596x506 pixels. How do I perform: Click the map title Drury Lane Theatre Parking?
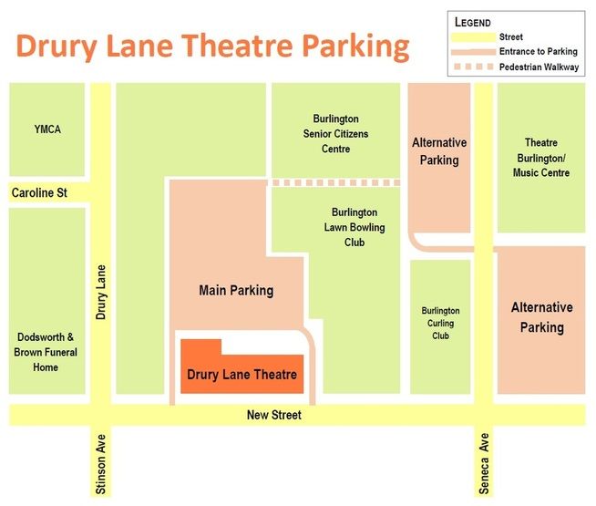212,46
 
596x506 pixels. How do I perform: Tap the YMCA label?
46,129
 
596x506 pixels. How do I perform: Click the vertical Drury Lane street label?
102,292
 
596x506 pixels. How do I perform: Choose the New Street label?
273,416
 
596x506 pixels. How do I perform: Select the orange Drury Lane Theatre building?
242,374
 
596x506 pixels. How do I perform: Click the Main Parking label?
236,291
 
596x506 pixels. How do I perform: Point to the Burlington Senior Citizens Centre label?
335,134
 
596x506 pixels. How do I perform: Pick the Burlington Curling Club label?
441,323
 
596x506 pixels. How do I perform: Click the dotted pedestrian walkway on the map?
334,183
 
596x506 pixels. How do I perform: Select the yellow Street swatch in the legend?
474,37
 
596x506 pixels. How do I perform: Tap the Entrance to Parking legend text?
539,52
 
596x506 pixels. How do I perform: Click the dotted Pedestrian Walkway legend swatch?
474,67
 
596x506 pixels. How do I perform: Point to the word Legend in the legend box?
473,22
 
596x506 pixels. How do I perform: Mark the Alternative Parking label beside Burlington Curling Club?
541,317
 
